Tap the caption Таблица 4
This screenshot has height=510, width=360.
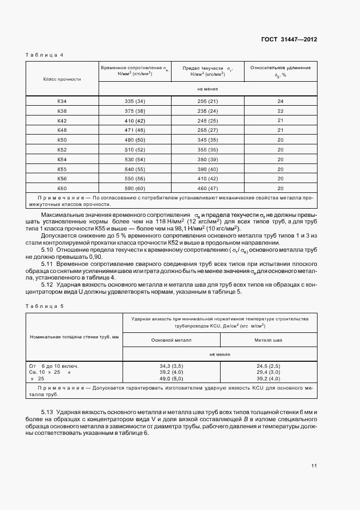coord(45,56)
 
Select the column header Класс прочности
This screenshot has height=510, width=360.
coord(62,79)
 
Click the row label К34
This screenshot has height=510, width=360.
coord(62,102)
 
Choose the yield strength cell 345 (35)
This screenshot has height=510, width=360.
coord(208,139)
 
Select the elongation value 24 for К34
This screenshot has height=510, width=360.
coord(280,102)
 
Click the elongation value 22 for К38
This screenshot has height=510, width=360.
coord(280,111)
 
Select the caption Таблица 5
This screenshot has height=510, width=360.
coord(45,306)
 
